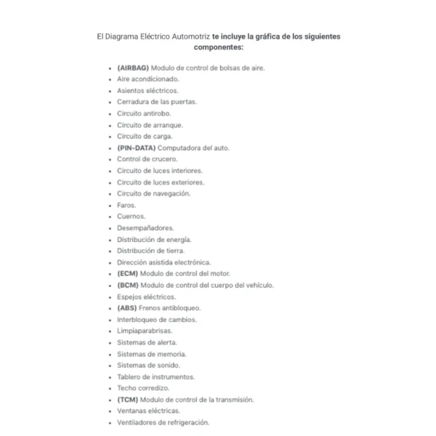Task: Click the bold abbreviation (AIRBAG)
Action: [133, 68]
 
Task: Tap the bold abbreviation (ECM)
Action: [128, 274]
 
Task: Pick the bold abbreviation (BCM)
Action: [128, 286]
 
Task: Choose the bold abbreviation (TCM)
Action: [128, 400]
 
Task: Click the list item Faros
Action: [126, 205]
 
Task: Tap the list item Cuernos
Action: [131, 217]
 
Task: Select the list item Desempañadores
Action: [145, 228]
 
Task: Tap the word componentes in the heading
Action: [218, 47]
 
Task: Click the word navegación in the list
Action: [172, 193]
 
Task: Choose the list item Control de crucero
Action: [147, 159]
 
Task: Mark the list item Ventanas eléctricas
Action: [148, 411]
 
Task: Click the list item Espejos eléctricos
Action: [146, 296]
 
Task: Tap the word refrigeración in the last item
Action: [188, 422]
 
